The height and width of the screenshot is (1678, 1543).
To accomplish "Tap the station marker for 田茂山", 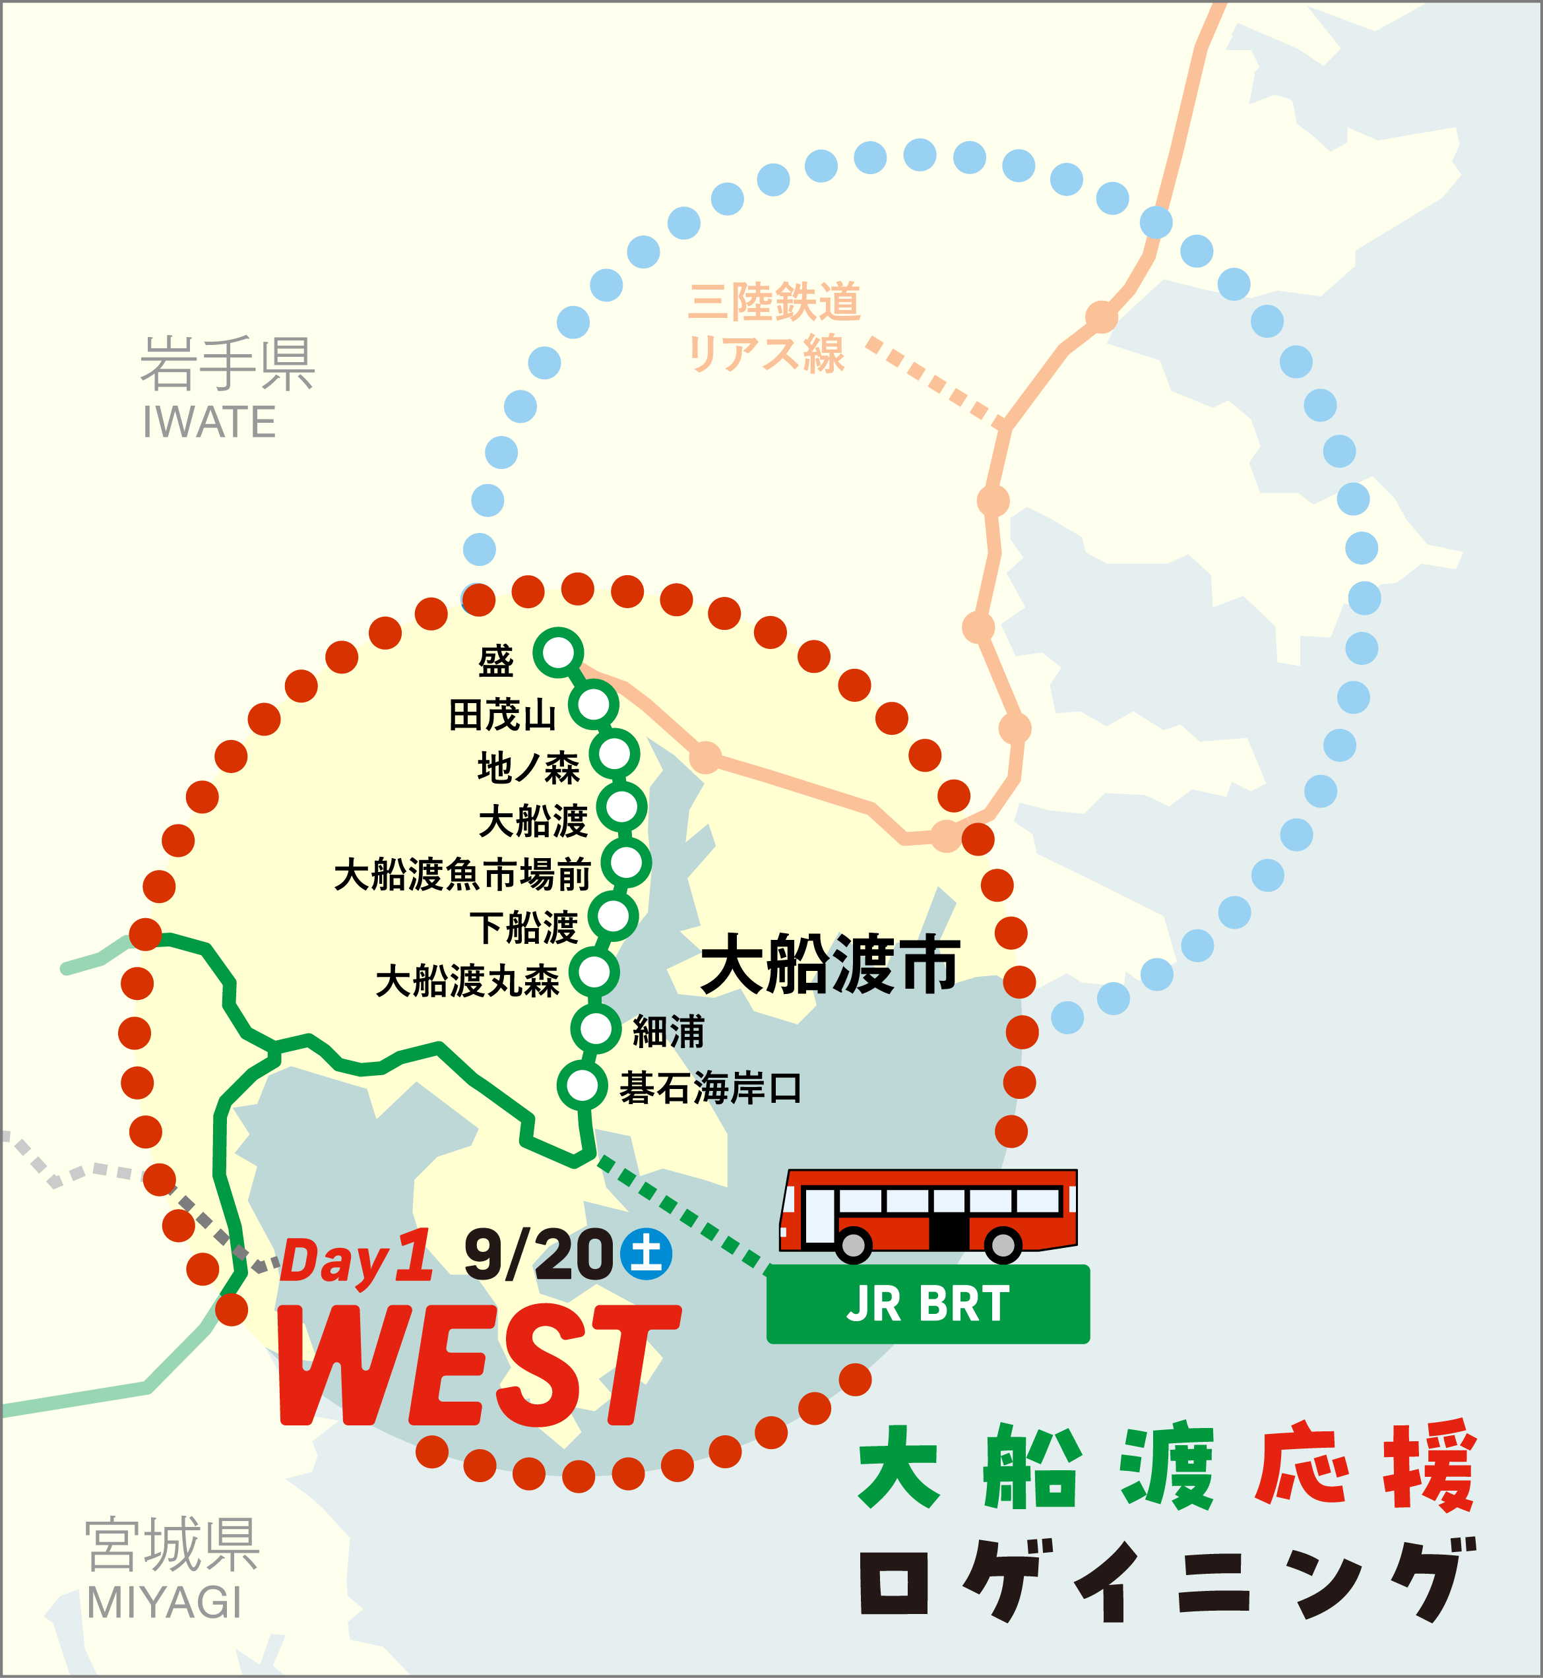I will [x=594, y=704].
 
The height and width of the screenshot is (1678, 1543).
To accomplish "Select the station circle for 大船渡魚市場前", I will [x=626, y=861].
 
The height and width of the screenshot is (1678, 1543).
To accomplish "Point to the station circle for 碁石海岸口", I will [x=582, y=1085].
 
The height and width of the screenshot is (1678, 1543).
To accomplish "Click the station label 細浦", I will [x=669, y=1032].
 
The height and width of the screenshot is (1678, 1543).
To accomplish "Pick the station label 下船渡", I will [x=524, y=927].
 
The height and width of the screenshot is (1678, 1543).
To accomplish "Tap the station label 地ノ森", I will [x=528, y=767].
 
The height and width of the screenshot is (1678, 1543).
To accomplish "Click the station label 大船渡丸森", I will [x=468, y=981].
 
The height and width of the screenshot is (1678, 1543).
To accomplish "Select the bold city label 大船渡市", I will [x=830, y=965].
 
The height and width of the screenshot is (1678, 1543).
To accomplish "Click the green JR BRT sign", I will [x=928, y=1303].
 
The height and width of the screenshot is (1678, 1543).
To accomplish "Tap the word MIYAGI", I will [x=164, y=1602].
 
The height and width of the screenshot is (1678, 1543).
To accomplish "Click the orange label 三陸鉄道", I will [x=774, y=301].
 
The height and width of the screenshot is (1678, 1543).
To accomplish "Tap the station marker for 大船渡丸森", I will [x=594, y=972].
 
